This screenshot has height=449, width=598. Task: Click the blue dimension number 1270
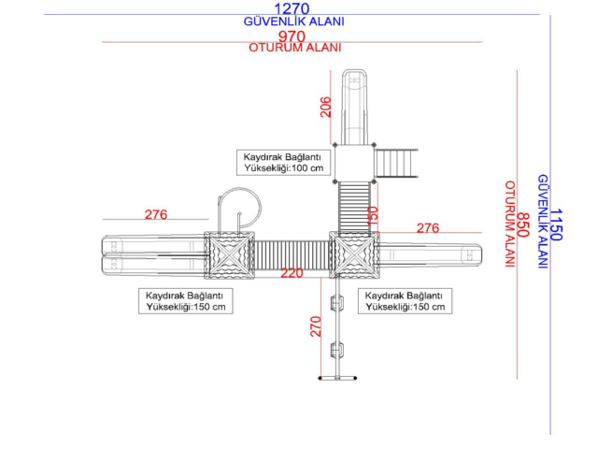click(292, 8)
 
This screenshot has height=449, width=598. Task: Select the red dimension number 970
click(292, 36)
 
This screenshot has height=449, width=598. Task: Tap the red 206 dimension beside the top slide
click(325, 107)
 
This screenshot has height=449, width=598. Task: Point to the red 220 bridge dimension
click(292, 272)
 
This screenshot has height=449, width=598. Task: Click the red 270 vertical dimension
click(316, 326)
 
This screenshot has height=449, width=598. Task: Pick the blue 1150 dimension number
click(556, 224)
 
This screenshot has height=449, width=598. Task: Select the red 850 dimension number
click(523, 224)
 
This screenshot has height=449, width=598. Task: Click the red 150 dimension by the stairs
click(372, 216)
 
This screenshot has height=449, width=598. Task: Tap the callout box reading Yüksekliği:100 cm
click(283, 163)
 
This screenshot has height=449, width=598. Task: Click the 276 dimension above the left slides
click(156, 214)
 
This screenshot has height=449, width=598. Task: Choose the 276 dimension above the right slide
click(428, 228)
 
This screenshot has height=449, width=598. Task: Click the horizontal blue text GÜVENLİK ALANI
click(293, 22)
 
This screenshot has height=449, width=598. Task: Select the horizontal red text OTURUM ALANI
click(295, 48)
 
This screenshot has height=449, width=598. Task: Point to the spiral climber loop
click(261, 206)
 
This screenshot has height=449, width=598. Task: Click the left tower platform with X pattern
click(230, 255)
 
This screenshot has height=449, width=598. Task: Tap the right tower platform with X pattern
click(354, 254)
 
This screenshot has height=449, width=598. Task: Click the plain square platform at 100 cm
click(354, 164)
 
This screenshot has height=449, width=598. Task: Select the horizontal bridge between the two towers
click(292, 254)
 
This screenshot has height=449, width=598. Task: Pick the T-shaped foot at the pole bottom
click(337, 378)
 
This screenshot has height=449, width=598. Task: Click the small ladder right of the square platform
click(396, 164)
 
